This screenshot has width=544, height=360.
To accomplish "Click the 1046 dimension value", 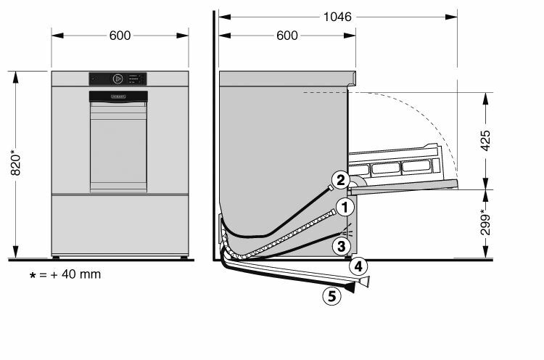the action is click(x=337, y=17).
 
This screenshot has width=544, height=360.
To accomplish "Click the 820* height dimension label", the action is click(x=16, y=163).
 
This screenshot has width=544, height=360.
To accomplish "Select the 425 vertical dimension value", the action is click(x=486, y=141).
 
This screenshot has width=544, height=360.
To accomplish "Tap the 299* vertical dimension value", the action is click(x=486, y=222).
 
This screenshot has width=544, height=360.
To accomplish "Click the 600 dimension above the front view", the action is click(x=120, y=36).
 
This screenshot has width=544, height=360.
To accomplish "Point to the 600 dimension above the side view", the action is click(x=287, y=36).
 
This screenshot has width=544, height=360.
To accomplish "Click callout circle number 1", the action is click(x=345, y=208).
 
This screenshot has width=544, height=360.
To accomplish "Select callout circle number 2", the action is click(x=341, y=180).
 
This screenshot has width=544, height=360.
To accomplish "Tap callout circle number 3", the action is click(x=342, y=246).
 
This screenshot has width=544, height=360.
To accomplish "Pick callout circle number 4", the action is click(x=358, y=266).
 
